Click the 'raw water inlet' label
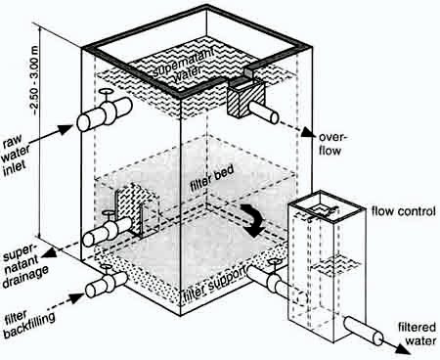pyautogui.click(x=17, y=155)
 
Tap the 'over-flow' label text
pyautogui.click(x=331, y=144)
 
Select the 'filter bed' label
pyautogui.click(x=212, y=179)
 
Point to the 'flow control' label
pyautogui.click(x=404, y=211)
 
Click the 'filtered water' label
pyautogui.click(x=417, y=334)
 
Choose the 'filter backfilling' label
pyautogui.click(x=28, y=322)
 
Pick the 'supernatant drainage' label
pyautogui.click(x=25, y=267)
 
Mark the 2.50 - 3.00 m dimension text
pyautogui.click(x=35, y=79)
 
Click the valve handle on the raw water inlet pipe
pyautogui.click(x=106, y=92)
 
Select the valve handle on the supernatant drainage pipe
pyautogui.click(x=108, y=213)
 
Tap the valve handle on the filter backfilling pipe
pyautogui.click(x=105, y=267)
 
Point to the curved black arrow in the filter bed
pyautogui.click(x=253, y=219)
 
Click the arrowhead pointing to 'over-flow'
pyautogui.click(x=308, y=132)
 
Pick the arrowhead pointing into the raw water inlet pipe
pyautogui.click(x=66, y=129)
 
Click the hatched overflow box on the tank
pyautogui.click(x=245, y=99)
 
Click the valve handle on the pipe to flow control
pyautogui.click(x=274, y=261)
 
